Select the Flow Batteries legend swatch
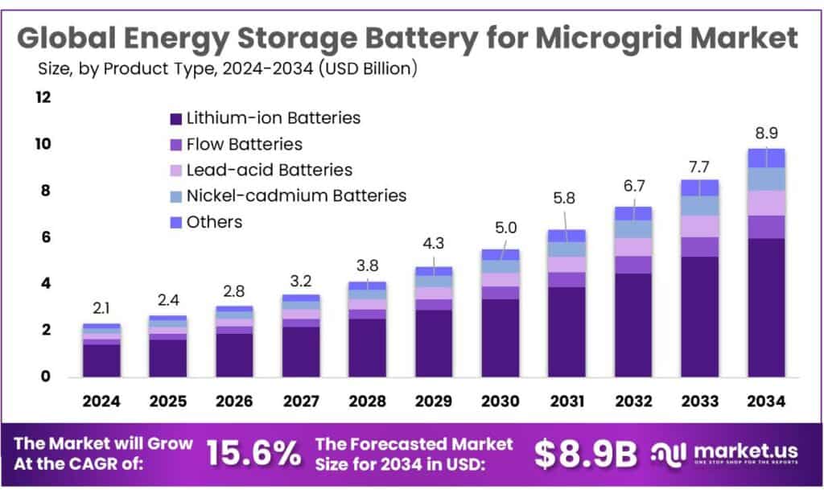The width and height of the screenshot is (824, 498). (x=175, y=145)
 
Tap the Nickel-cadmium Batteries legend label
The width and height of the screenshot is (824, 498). (x=296, y=195)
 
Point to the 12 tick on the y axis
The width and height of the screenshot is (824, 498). (x=43, y=97)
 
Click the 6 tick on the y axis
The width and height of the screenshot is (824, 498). (x=45, y=237)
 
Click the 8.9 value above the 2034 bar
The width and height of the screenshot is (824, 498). (x=766, y=133)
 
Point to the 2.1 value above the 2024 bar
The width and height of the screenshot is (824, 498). (x=101, y=307)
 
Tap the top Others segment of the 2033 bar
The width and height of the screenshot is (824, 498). (x=699, y=187)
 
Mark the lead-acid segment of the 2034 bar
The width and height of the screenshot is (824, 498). (x=766, y=203)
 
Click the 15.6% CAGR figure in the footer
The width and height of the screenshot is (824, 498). (x=253, y=454)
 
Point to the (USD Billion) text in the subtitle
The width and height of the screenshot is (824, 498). (x=368, y=69)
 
